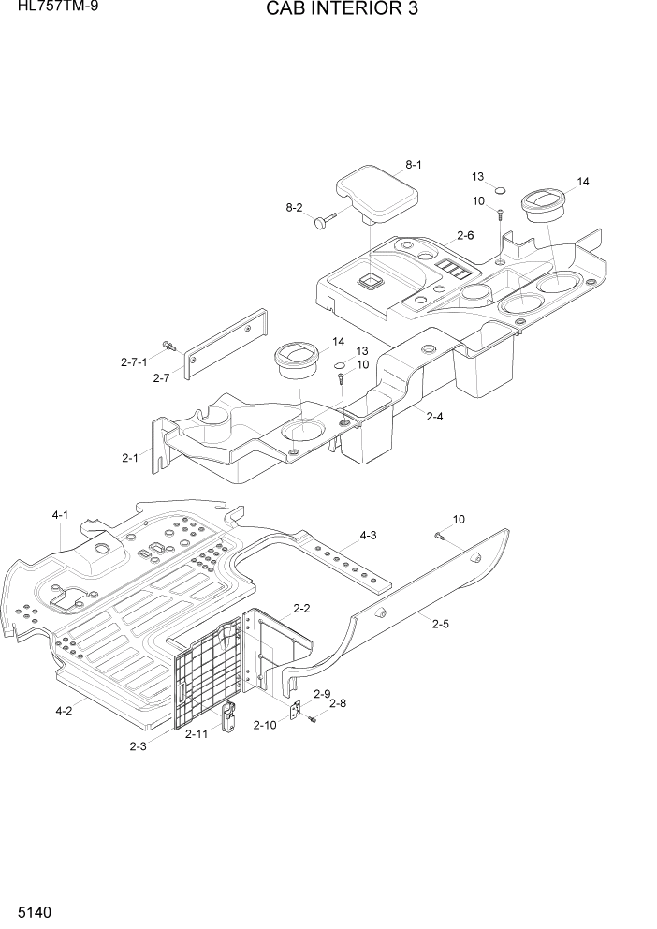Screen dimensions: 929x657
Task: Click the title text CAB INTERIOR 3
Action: [328, 10]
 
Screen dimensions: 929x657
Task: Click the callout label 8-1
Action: [413, 165]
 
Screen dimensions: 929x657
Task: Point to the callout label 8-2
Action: [293, 207]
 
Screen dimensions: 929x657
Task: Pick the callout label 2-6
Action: [464, 236]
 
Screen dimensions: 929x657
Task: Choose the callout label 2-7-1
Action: [134, 361]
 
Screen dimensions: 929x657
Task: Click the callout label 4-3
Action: [368, 536]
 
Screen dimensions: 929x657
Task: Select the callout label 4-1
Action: [61, 515]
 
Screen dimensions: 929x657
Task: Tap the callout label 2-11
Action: [197, 734]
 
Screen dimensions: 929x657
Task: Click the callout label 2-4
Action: [434, 417]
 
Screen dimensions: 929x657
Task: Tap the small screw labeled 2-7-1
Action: [170, 345]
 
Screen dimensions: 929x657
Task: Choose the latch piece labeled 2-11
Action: [227, 716]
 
